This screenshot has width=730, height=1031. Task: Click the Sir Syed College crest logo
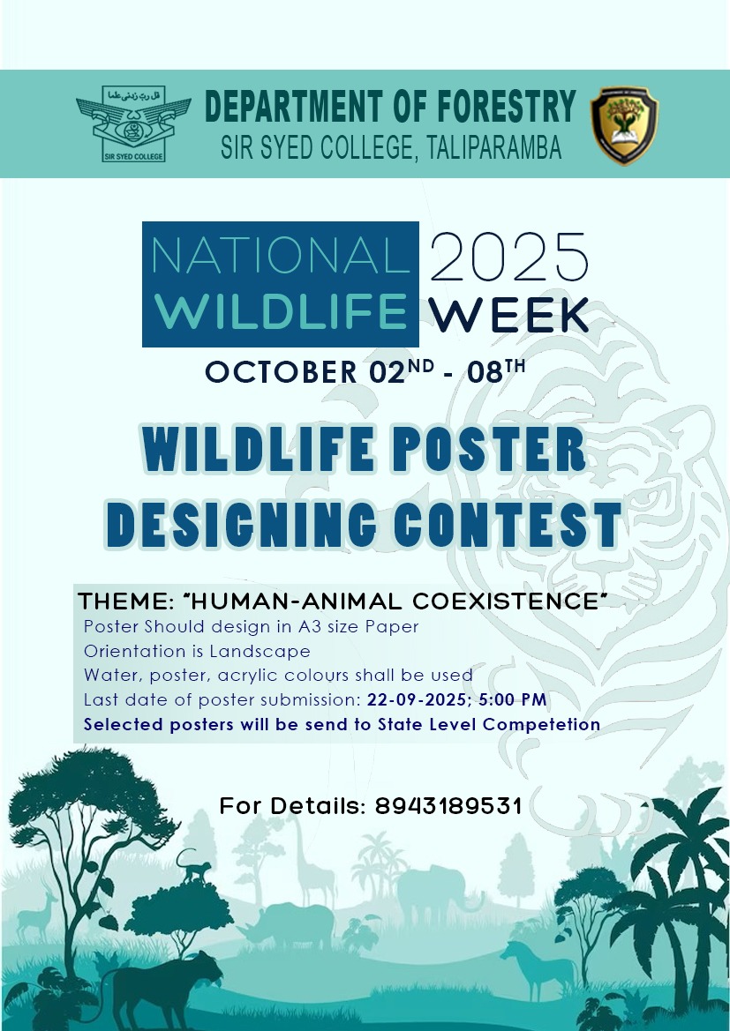point(133,123)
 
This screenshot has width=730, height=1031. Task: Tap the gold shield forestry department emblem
point(625,125)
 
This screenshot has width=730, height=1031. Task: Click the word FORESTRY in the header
point(506,108)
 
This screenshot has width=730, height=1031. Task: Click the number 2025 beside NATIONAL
point(508,258)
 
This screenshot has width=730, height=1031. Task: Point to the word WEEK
point(508,316)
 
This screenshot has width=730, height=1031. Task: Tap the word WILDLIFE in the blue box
point(281,311)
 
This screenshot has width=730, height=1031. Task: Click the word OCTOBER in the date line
point(281,372)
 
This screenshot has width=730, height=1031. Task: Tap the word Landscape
point(260,652)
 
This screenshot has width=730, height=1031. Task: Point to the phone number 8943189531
point(449,806)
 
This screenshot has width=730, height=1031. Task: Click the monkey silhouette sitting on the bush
point(194,867)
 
